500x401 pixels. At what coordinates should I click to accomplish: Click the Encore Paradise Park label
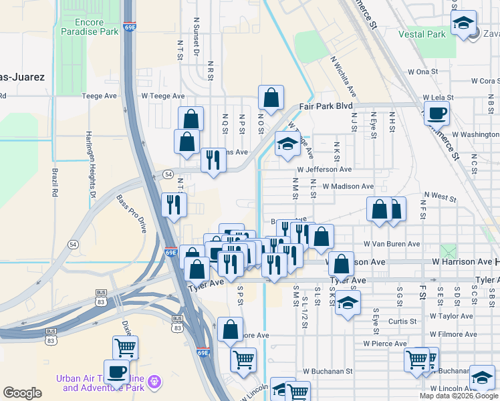pos(82,27)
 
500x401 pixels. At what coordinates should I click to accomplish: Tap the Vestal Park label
pos(422,34)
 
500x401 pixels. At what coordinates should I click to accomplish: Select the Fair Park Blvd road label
pos(326,106)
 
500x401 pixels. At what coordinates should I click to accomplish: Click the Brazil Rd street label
pos(53,182)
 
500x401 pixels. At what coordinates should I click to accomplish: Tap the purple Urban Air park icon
pos(156,381)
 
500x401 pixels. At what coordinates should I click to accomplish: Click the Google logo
pos(22,393)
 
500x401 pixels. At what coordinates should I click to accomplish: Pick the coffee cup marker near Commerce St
pos(436,112)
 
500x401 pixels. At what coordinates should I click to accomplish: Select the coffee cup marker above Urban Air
pos(116,372)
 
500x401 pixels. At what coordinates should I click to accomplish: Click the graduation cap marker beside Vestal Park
pos(463,23)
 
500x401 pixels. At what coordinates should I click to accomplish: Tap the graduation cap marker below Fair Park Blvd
pos(287,143)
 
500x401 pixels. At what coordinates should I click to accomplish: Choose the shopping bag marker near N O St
pos(271,98)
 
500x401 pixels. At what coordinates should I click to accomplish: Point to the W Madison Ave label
pos(348,186)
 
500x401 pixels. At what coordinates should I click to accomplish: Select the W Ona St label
pos(422,72)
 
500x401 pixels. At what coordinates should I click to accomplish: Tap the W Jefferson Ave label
pos(324,170)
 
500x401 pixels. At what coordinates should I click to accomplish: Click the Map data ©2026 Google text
pos(458,396)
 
